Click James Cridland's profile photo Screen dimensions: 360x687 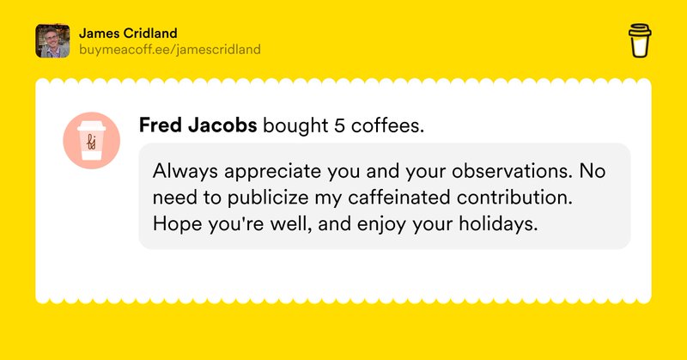click(x=52, y=40)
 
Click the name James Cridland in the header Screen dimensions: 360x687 click(x=127, y=33)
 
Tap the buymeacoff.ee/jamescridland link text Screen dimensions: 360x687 click(x=169, y=49)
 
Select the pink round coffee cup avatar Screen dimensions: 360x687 click(x=91, y=140)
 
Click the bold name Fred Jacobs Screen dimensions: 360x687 click(x=198, y=126)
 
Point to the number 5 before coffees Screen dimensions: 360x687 click(x=340, y=126)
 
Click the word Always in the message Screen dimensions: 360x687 click(x=184, y=171)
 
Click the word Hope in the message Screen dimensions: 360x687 click(x=175, y=224)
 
